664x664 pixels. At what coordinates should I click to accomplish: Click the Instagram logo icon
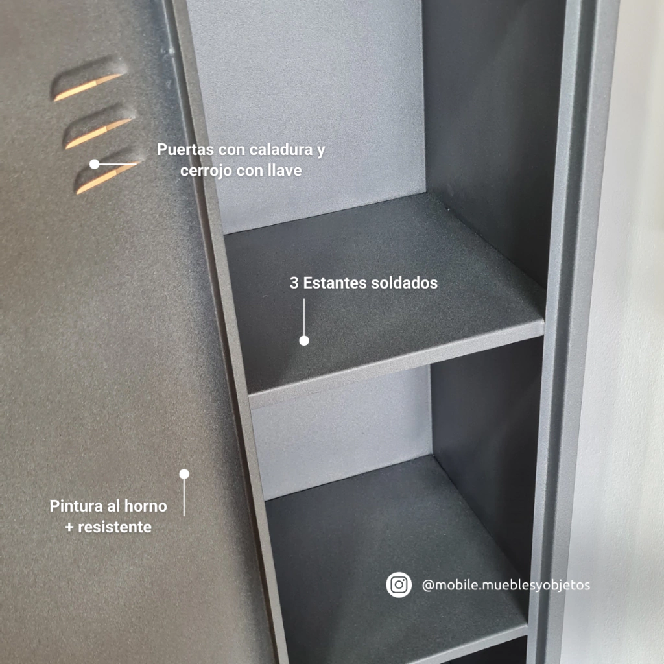[x=399, y=585]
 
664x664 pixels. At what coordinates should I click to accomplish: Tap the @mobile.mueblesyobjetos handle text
[x=506, y=586]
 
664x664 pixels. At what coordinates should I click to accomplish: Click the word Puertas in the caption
[x=185, y=150]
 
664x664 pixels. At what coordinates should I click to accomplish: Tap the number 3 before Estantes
[x=294, y=283]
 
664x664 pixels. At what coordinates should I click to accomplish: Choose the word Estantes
[x=335, y=283]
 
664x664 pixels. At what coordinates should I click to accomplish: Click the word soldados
[x=404, y=283]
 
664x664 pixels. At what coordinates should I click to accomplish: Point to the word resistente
[x=115, y=527]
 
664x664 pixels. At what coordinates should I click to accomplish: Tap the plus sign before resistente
[x=69, y=528]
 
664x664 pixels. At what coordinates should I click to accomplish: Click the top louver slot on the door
[x=89, y=78]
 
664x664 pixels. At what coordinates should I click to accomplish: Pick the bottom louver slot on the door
[x=109, y=171]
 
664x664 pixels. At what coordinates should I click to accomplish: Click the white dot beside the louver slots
[x=95, y=164]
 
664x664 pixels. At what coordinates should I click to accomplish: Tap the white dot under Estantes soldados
[x=304, y=340]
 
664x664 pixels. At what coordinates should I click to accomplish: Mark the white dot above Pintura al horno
[x=184, y=474]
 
